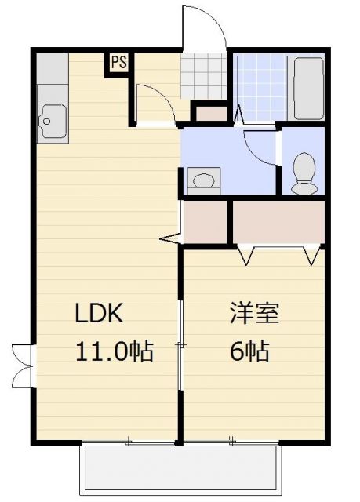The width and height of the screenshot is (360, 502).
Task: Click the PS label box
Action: click(x=118, y=62)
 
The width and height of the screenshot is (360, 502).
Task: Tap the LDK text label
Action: click(x=99, y=314)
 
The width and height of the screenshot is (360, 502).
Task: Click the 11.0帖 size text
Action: click(x=114, y=351)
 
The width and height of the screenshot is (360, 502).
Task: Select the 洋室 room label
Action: click(x=254, y=314)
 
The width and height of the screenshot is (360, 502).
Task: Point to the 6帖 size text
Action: click(x=249, y=351)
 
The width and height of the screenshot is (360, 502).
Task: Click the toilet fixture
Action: click(x=303, y=171)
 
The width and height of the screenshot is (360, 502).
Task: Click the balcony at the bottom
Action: click(x=180, y=468)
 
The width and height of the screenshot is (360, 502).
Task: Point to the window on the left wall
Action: click(x=22, y=365)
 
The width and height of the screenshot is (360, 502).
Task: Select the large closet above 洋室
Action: click(x=278, y=222)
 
